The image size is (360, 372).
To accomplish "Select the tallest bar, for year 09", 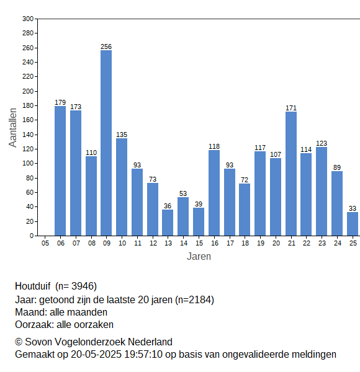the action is pyautogui.click(x=106, y=143).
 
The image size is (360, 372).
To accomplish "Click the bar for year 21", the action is pyautogui.click(x=291, y=174).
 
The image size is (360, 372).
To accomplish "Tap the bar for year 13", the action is pyautogui.click(x=168, y=223).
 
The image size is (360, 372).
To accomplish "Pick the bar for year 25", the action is pyautogui.click(x=353, y=224).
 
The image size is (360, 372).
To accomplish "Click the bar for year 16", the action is pyautogui.click(x=214, y=193).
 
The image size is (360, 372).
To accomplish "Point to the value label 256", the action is pyautogui.click(x=106, y=46).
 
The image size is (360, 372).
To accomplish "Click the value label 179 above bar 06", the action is pyautogui.click(x=60, y=102).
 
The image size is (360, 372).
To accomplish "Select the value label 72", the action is pyautogui.click(x=245, y=180).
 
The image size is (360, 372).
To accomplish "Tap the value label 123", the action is pyautogui.click(x=322, y=143).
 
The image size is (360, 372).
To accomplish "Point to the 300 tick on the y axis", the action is pyautogui.click(x=28, y=19).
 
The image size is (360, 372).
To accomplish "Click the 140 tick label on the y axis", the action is pyautogui.click(x=28, y=135).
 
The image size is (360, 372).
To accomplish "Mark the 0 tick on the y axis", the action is pyautogui.click(x=32, y=236).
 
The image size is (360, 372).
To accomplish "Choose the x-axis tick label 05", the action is pyautogui.click(x=45, y=243).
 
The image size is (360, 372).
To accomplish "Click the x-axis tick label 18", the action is pyautogui.click(x=245, y=243).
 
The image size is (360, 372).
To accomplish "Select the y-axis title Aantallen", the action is pyautogui.click(x=12, y=128).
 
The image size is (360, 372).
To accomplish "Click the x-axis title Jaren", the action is pyautogui.click(x=199, y=257).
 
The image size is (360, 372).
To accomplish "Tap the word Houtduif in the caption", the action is pyautogui.click(x=32, y=286).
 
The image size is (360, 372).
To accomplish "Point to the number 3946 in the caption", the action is pyautogui.click(x=83, y=286).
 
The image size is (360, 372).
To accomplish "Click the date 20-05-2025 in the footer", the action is pyautogui.click(x=96, y=355).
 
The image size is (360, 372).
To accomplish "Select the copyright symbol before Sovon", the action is pyautogui.click(x=19, y=342).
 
